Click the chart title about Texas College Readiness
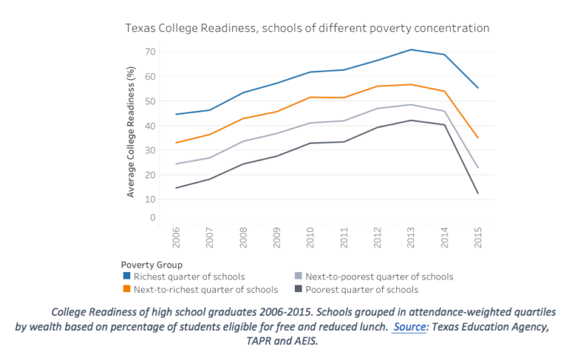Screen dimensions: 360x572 point(306,28)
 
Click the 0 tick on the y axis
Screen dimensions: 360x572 point(152,218)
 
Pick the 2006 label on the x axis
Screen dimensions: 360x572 point(177,236)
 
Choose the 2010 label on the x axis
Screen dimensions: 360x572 point(310,236)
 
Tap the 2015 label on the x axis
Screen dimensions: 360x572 point(477,236)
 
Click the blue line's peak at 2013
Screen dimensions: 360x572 point(410,50)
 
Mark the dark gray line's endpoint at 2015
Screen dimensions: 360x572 point(477,194)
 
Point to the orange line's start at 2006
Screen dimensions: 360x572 point(177,142)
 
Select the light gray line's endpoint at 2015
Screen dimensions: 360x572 point(477,168)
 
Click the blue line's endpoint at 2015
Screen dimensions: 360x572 point(477,88)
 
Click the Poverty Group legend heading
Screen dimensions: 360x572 point(151,264)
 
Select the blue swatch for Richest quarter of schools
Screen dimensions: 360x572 point(126,276)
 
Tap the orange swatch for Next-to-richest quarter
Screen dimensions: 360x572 point(126,289)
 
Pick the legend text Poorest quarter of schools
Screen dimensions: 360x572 point(360,289)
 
